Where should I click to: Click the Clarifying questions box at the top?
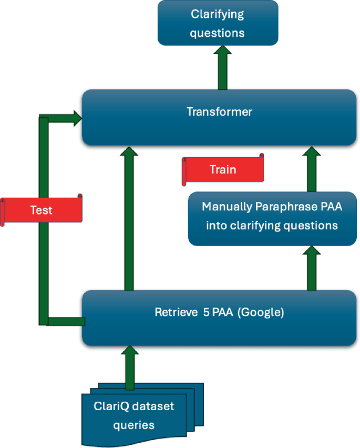[x=218, y=23]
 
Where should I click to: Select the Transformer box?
[x=219, y=117]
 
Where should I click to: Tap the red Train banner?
[x=223, y=170]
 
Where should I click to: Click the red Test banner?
[x=42, y=210]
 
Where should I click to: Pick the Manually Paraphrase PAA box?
[x=272, y=217]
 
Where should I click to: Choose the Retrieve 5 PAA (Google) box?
[x=219, y=318]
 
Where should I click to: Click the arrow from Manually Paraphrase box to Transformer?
[x=311, y=169]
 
